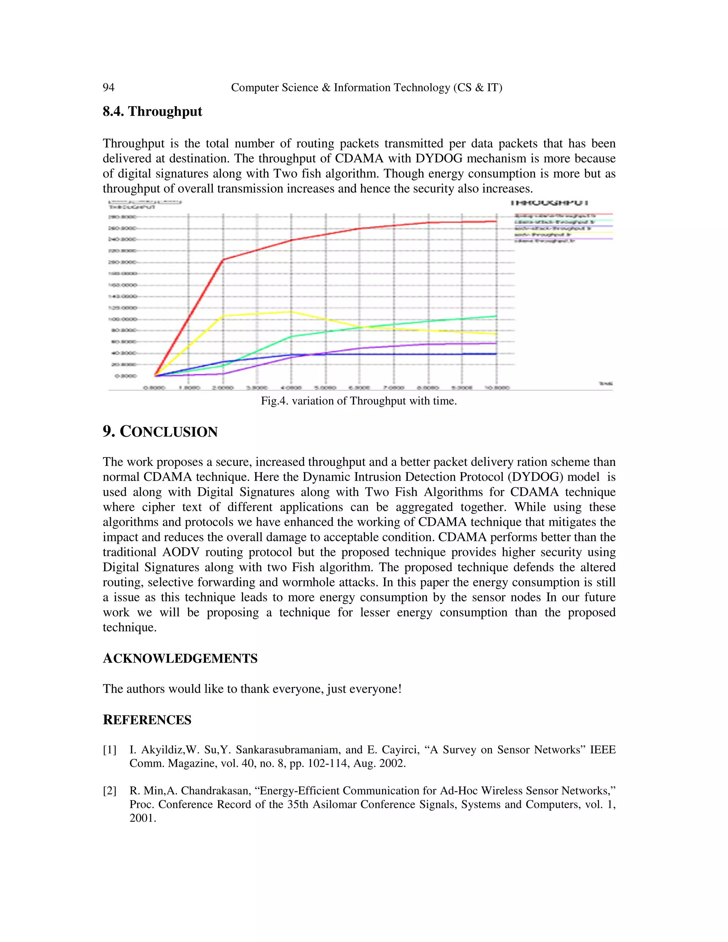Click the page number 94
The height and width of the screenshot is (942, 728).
point(108,87)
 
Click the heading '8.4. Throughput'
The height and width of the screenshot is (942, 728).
point(152,111)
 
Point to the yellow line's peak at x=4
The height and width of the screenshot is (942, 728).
point(291,311)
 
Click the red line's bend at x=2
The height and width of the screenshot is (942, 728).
point(223,259)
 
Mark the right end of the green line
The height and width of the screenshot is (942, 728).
point(496,316)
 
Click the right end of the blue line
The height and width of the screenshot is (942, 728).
point(496,354)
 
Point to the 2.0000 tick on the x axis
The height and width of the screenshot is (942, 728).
point(223,388)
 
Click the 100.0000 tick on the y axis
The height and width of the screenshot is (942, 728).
point(123,319)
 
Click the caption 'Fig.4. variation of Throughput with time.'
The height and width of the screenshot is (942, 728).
point(358,401)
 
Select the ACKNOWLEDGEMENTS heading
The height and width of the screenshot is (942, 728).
point(180,659)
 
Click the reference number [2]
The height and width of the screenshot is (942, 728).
point(109,791)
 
